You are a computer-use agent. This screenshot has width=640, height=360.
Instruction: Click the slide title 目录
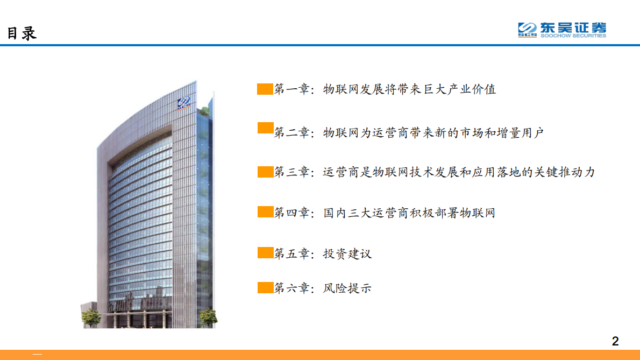point(22,33)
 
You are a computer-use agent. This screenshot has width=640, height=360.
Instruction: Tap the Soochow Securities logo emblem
point(528,30)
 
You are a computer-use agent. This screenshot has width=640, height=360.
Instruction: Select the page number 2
point(615,341)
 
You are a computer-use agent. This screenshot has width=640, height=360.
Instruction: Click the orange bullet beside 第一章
point(265,89)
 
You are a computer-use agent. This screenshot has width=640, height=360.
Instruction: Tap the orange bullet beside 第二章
point(265,128)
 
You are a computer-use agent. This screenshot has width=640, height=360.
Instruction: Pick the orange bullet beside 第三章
point(265,172)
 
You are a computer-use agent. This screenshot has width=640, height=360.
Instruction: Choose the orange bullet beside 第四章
point(265,212)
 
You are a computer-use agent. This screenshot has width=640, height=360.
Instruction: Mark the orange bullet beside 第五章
point(265,253)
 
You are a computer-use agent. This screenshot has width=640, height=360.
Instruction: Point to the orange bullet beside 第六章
point(265,288)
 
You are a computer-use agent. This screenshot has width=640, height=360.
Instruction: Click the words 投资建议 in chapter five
point(347,253)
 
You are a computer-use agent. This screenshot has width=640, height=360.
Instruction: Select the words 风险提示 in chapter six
point(347,288)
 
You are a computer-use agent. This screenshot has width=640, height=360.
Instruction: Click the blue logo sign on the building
point(184,102)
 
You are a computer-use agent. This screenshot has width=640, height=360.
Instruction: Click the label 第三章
point(292,173)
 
